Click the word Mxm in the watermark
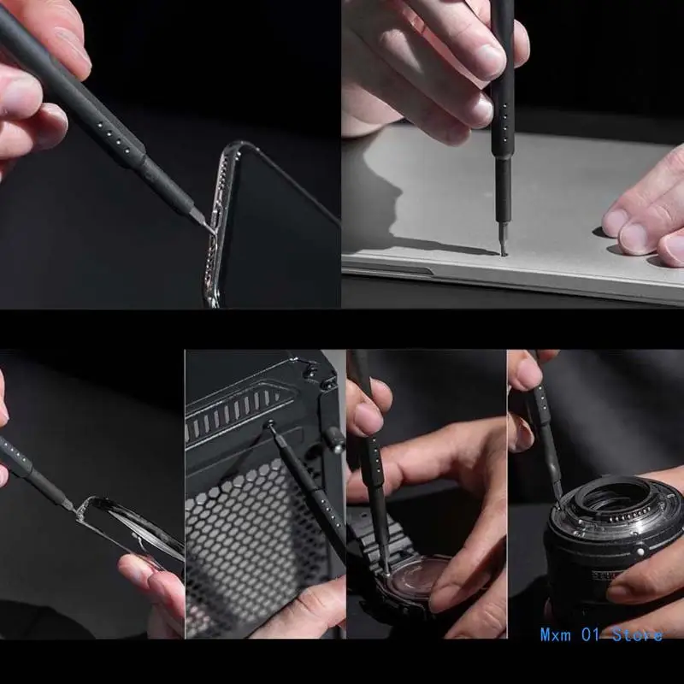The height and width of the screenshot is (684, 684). [555, 634]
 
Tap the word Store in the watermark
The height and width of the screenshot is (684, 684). [637, 634]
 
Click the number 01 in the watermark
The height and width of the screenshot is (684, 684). [591, 634]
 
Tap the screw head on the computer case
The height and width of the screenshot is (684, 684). [270, 422]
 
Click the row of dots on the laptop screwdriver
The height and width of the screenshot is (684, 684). [505, 122]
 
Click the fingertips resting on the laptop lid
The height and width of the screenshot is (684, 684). [641, 227]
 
